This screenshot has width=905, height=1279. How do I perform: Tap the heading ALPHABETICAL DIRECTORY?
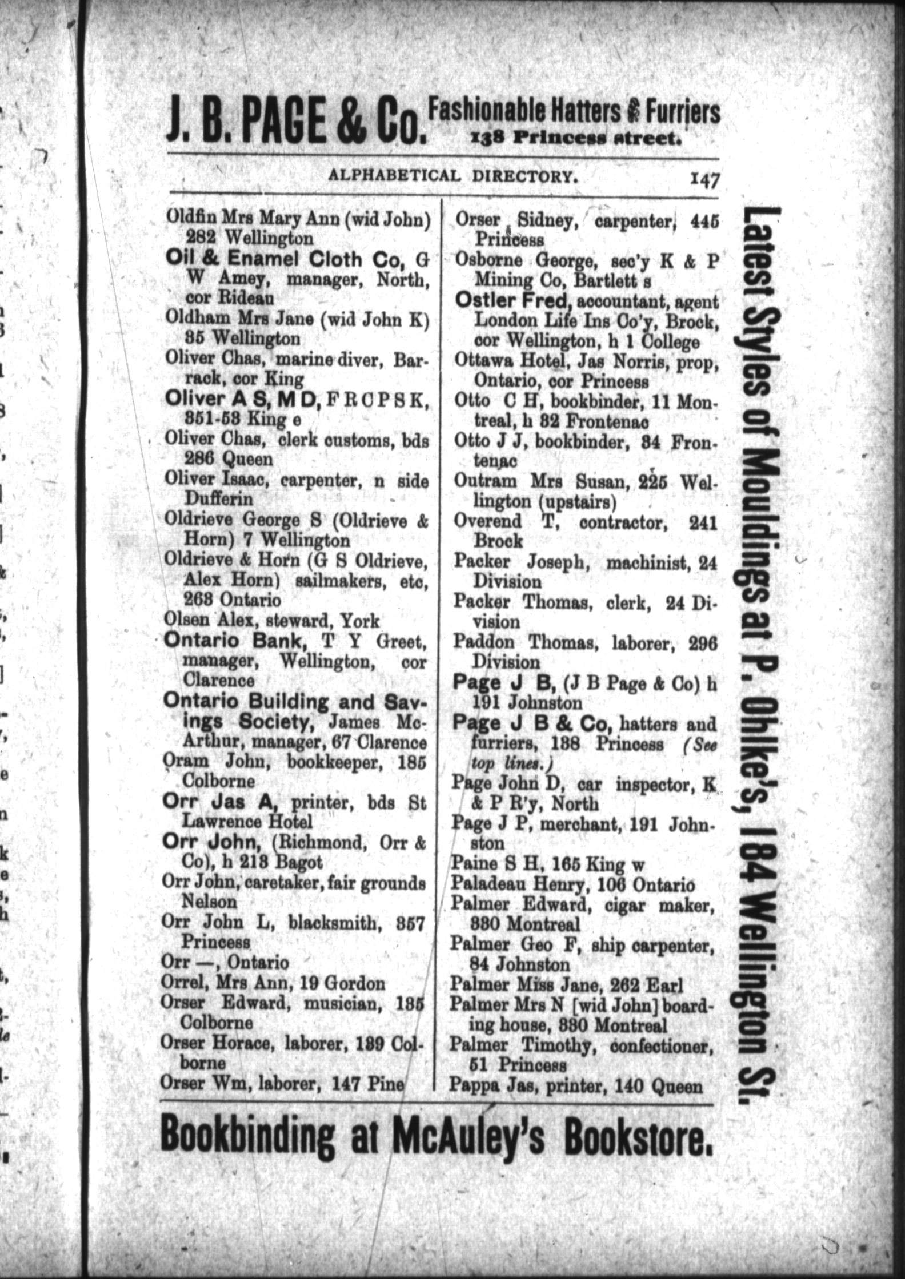point(450,175)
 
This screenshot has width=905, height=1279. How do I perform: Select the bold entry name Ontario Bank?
point(236,642)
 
